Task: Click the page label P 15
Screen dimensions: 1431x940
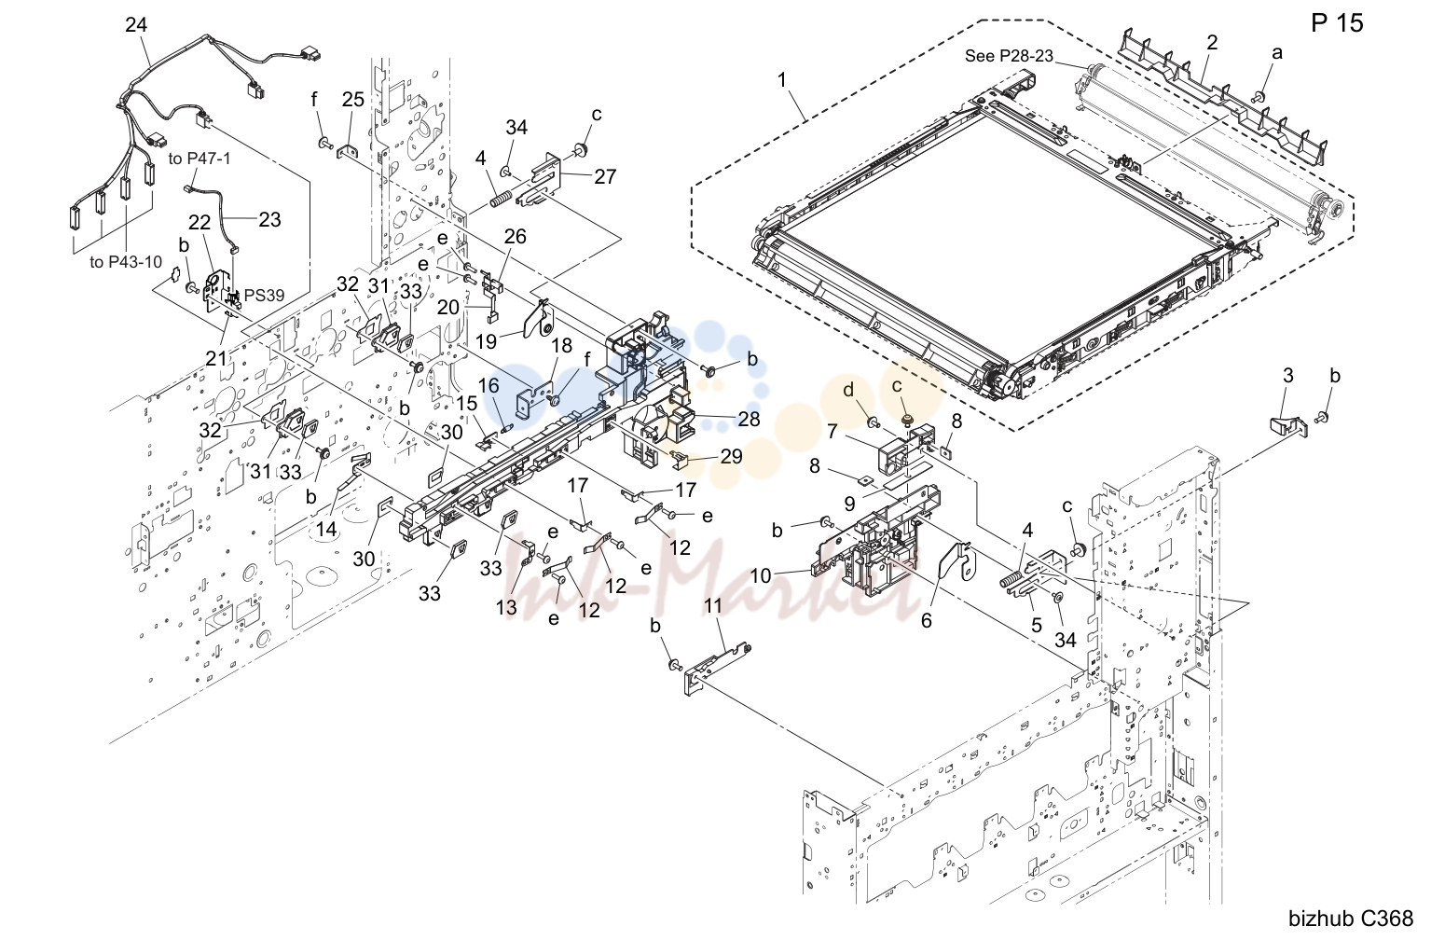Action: [1337, 23]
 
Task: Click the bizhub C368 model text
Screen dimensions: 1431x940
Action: [1351, 919]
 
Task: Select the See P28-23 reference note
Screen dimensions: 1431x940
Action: [1008, 56]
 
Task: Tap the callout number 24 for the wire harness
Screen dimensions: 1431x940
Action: [136, 25]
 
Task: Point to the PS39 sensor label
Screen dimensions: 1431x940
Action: [264, 296]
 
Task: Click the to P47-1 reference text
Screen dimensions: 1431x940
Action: [200, 159]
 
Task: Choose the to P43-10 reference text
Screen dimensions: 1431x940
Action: [126, 262]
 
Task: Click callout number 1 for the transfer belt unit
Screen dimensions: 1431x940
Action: [782, 80]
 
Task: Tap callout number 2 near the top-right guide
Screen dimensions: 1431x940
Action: [1212, 43]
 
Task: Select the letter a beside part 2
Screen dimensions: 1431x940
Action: [1277, 53]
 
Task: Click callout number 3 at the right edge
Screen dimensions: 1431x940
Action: [1288, 376]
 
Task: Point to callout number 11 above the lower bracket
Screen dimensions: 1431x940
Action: [713, 606]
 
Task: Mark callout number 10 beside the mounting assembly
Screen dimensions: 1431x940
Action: [760, 575]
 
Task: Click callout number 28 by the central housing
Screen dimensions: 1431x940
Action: [749, 420]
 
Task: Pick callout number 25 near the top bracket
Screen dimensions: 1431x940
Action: [352, 100]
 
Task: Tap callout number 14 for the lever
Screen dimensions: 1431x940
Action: [325, 529]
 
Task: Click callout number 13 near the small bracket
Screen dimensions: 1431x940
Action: [506, 607]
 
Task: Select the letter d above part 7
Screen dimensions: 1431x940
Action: [848, 390]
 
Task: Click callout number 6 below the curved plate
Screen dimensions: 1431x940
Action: [927, 620]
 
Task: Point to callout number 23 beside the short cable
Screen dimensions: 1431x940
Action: [269, 220]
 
